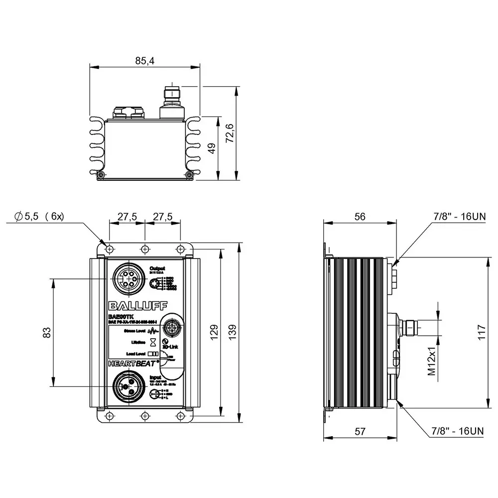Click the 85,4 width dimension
click(x=144, y=60)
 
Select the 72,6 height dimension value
click(x=230, y=133)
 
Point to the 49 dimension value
click(x=212, y=148)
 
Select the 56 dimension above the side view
click(x=360, y=216)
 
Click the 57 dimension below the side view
click(x=360, y=432)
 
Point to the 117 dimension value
click(x=481, y=332)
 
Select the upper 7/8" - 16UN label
click(x=459, y=216)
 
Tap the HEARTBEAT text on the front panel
click(x=132, y=363)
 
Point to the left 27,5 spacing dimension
click(x=127, y=217)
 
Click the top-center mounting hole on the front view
click(x=144, y=249)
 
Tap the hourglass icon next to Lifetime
click(x=154, y=342)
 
